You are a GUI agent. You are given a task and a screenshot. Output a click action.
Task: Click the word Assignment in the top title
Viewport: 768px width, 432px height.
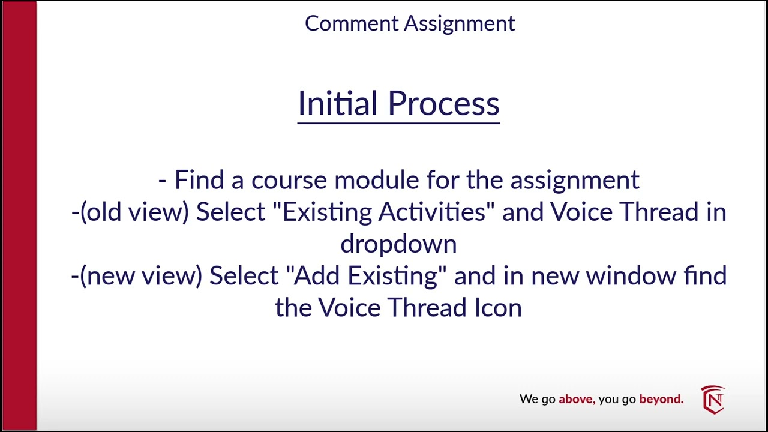(459, 23)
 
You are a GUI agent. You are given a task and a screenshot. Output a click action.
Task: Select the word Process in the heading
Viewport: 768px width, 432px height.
(443, 103)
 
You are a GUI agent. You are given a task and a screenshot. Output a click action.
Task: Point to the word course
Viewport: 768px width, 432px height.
(289, 180)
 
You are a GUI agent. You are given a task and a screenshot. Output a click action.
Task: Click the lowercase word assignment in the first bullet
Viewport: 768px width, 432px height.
(574, 180)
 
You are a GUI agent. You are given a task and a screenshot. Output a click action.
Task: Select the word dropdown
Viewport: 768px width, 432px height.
(398, 244)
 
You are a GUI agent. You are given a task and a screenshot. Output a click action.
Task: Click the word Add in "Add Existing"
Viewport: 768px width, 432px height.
(317, 276)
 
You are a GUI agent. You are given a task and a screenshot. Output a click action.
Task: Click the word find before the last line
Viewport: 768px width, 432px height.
(706, 276)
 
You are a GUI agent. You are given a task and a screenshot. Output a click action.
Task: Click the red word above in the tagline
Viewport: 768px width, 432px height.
(576, 399)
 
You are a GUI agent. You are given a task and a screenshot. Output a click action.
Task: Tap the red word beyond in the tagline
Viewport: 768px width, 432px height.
(661, 399)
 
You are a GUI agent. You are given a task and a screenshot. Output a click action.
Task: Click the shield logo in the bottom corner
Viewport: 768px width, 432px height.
(713, 400)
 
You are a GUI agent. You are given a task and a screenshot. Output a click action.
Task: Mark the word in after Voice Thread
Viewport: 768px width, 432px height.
(715, 212)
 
